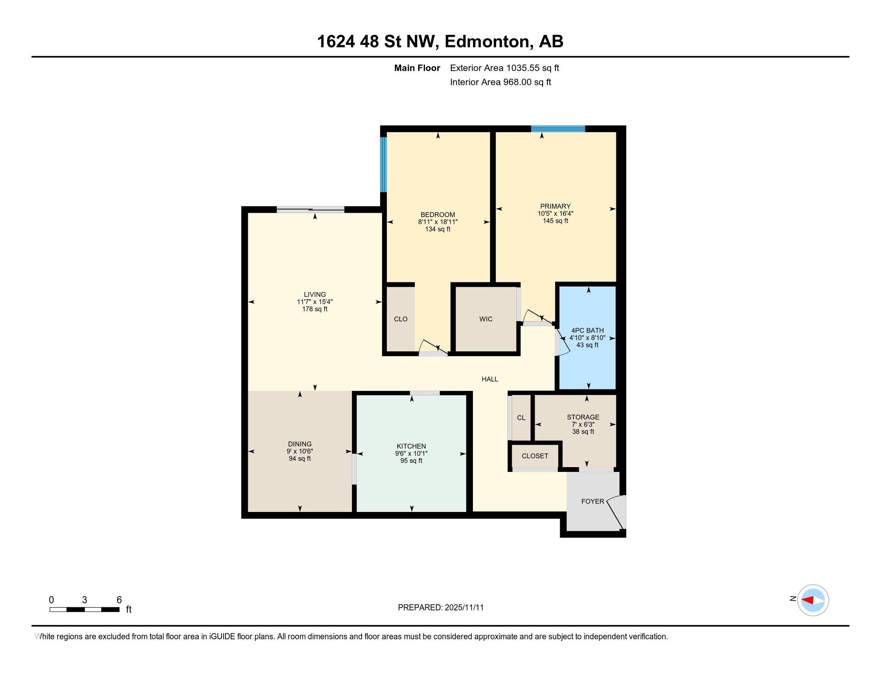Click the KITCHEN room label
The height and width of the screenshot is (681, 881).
[411, 446]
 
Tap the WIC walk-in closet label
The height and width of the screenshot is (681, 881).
[486, 319]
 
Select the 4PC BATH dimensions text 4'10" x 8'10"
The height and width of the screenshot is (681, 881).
[587, 338]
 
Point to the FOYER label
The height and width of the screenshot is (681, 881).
[592, 502]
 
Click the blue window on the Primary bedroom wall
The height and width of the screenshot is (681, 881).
[558, 129]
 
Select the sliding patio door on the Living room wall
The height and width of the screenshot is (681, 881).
[310, 209]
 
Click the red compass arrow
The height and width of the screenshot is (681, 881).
[808, 600]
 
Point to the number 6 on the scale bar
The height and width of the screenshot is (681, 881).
[119, 600]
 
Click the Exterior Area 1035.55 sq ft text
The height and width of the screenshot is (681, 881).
[504, 68]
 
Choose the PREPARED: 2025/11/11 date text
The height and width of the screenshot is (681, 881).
[440, 608]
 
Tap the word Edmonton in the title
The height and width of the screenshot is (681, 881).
[487, 42]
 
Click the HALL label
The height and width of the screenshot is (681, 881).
[490, 379]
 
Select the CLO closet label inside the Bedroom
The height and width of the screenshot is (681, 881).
[400, 319]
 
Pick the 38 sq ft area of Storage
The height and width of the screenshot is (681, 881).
[583, 432]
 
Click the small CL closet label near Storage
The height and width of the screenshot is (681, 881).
[521, 418]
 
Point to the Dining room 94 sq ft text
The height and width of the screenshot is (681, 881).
[300, 459]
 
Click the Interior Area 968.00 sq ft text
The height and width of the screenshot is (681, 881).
[500, 82]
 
